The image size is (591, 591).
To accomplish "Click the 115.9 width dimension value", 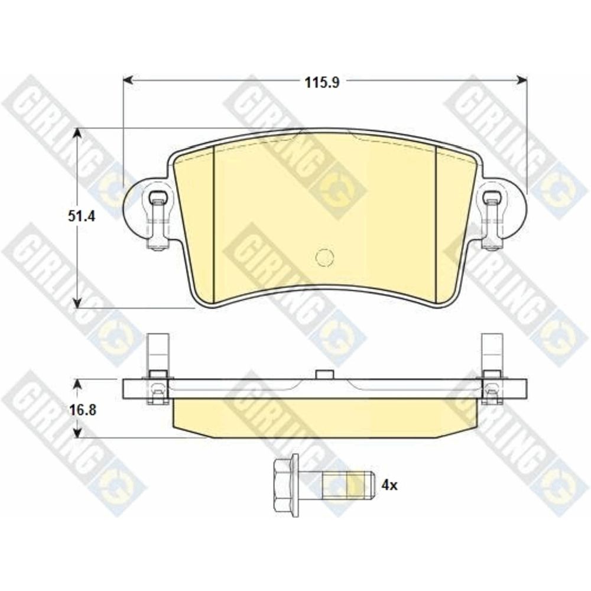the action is click(x=322, y=82).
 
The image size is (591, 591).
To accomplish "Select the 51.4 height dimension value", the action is click(x=82, y=217).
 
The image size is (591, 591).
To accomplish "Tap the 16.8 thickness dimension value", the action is click(x=82, y=410).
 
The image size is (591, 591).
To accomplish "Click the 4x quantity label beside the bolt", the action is click(x=389, y=485).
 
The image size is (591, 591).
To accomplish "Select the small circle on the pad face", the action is click(x=324, y=258).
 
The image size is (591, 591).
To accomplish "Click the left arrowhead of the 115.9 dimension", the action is click(x=128, y=80).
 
